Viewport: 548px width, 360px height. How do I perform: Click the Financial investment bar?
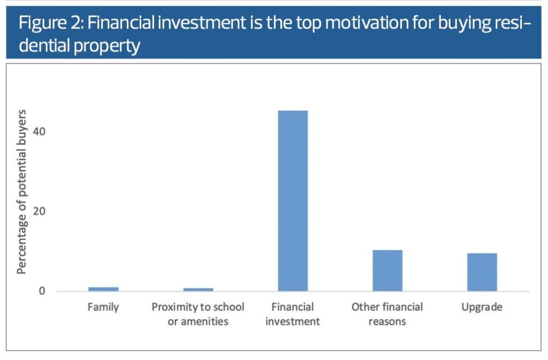coord(293,201)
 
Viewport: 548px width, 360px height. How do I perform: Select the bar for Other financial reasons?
coord(387,271)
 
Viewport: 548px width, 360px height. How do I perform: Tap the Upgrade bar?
coord(482,272)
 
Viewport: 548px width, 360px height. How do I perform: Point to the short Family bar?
coord(103,289)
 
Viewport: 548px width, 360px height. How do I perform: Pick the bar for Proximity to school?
coord(198,289)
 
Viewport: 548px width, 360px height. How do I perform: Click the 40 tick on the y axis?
coord(39,132)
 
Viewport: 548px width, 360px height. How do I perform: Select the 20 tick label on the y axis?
coord(39,211)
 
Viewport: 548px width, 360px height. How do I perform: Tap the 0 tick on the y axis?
coord(42,291)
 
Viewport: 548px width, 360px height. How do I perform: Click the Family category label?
coord(103,307)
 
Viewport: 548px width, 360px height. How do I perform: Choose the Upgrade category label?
coord(482,307)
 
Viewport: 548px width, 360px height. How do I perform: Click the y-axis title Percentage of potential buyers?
coord(21,192)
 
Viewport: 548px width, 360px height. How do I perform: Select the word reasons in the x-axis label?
coord(387,321)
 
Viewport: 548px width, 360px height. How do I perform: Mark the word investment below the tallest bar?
coord(293,321)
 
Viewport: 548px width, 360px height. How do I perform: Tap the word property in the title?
coord(107,47)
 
